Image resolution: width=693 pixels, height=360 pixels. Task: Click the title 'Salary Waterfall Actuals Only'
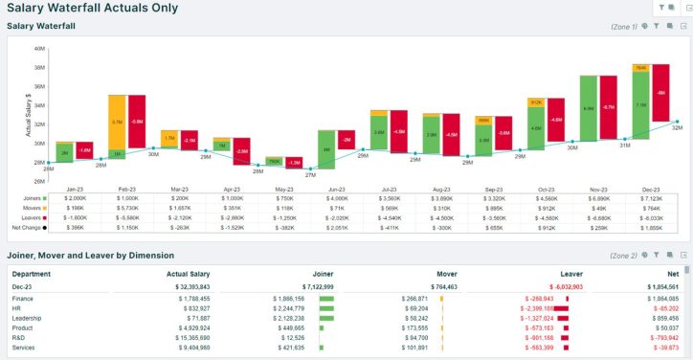point(93,8)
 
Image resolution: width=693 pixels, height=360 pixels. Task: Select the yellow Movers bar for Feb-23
point(117,122)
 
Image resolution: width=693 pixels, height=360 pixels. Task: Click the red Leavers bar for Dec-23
point(660,93)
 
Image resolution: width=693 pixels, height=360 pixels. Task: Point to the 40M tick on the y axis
point(40,48)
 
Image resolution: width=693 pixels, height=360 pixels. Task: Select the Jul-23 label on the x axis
point(390,190)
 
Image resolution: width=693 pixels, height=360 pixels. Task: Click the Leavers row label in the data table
point(29,217)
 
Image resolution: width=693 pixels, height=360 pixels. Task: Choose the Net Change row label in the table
point(31,228)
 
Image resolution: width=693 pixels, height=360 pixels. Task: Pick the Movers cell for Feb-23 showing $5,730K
point(128,208)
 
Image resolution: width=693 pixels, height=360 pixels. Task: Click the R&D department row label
point(20,337)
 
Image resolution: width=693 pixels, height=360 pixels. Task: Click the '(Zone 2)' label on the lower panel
point(623,256)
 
